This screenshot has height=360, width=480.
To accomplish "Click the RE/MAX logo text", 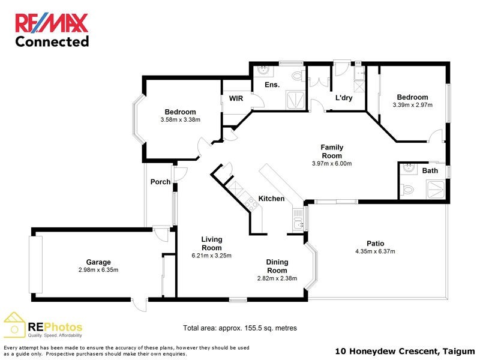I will (52, 23).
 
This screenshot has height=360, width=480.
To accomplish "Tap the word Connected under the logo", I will (52, 41).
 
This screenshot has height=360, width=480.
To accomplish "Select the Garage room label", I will (97, 262).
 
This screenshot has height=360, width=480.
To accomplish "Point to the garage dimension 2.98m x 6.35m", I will (97, 269).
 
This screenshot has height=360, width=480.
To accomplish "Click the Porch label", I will (160, 182).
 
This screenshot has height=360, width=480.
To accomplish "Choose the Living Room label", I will (212, 244).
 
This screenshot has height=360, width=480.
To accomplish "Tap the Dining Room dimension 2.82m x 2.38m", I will (277, 278).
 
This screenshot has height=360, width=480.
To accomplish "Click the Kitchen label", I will (271, 199).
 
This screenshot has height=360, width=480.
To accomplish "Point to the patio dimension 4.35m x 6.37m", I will (375, 251).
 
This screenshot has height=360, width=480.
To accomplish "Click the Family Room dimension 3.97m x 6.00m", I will (331, 164).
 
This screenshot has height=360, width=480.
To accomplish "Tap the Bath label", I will (430, 170).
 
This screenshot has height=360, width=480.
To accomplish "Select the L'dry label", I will (343, 98).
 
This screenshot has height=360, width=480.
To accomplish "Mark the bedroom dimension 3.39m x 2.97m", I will (412, 105).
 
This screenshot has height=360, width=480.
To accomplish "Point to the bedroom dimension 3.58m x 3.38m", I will (180, 120).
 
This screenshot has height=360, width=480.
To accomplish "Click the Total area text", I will (240, 328).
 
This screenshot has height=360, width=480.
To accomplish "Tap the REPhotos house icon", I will (14, 325).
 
